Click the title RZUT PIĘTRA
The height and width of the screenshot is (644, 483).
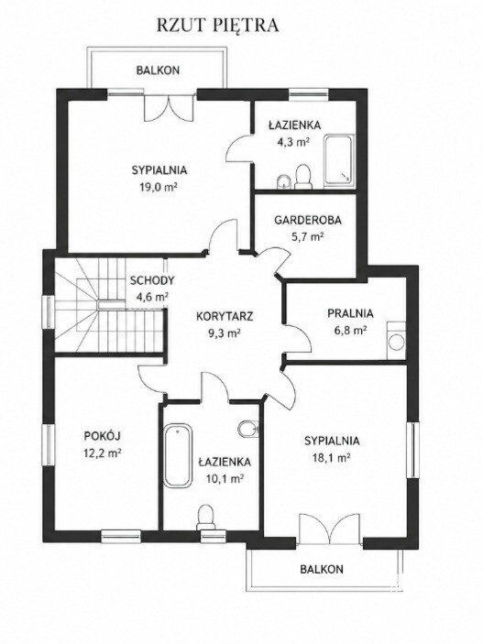(x=217, y=25)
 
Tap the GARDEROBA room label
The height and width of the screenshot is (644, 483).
(x=307, y=220)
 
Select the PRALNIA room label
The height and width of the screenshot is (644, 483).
(x=350, y=313)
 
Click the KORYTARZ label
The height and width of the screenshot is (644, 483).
(x=224, y=317)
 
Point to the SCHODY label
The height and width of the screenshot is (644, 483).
(x=152, y=281)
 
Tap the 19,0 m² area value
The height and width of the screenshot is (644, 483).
(x=159, y=187)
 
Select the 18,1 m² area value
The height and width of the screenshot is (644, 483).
(x=331, y=457)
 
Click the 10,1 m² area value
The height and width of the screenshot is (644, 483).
(x=225, y=478)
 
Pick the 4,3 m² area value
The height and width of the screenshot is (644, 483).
(x=294, y=142)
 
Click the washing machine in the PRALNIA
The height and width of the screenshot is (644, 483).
(x=396, y=341)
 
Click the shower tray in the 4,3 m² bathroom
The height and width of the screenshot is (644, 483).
(x=338, y=160)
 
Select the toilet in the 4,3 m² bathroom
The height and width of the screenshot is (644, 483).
(x=303, y=177)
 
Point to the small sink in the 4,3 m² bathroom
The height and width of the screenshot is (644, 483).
(x=283, y=181)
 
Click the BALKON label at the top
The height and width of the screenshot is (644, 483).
(x=158, y=70)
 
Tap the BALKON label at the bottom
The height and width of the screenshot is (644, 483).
(x=322, y=569)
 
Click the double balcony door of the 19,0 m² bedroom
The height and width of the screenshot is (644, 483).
(x=169, y=106)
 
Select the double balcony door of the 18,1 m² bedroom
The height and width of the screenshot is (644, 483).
(x=330, y=527)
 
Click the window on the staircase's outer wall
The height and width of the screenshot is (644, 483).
(x=50, y=311)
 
